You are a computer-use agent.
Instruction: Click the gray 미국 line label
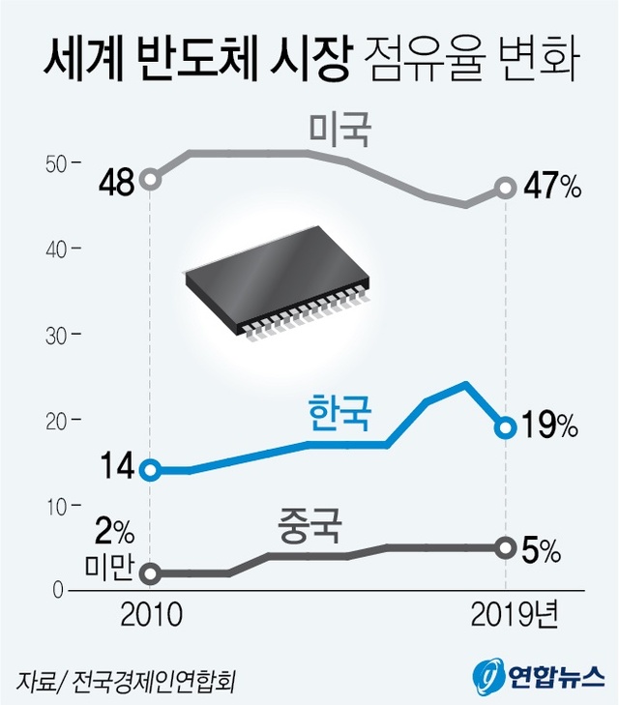[x=339, y=130]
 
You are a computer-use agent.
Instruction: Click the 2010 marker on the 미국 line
[x=150, y=179]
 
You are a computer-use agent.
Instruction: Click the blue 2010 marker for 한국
[x=150, y=470]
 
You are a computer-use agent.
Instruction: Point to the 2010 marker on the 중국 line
[x=150, y=573]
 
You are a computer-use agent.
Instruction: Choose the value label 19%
[x=550, y=425]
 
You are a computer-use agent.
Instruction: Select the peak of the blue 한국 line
[x=466, y=384]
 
